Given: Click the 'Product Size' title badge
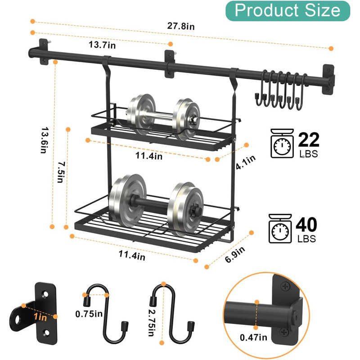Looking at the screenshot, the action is point(288,11).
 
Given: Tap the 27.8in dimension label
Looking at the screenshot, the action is point(181,26).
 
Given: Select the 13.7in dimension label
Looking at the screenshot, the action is point(103,45).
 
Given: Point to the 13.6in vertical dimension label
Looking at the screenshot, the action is point(45,140).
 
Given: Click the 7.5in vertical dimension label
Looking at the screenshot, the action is point(61,172).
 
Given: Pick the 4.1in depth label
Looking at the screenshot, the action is point(246,162).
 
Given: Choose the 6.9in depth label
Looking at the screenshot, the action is point(235,254).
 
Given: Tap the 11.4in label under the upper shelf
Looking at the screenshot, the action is point(149,156).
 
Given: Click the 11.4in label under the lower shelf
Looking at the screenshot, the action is point(132,255).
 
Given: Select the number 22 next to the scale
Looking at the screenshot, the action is point(309,139).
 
